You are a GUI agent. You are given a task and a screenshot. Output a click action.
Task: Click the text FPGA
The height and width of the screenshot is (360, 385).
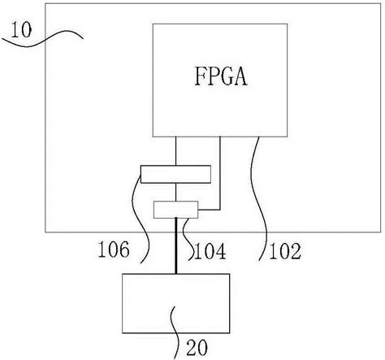click(x=220, y=79)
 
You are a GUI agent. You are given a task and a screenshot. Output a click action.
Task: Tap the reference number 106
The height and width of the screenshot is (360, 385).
click(x=112, y=251)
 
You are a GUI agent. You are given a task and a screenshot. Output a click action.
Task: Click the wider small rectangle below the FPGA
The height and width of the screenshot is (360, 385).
click(x=175, y=173)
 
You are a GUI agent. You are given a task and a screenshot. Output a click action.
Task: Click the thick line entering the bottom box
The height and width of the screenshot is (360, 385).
click(x=176, y=248)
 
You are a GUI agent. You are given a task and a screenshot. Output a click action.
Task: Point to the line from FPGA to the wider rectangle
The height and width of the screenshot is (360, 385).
click(x=176, y=150)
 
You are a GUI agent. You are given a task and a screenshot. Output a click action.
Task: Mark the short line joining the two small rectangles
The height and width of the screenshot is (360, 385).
click(x=176, y=192)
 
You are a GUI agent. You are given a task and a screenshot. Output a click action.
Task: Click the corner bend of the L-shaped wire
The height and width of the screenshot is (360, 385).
click(x=220, y=210)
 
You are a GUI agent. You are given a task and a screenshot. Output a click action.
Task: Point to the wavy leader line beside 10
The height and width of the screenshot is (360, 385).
click(x=57, y=34)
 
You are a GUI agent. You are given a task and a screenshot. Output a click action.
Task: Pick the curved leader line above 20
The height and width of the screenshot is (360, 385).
click(x=175, y=325)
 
